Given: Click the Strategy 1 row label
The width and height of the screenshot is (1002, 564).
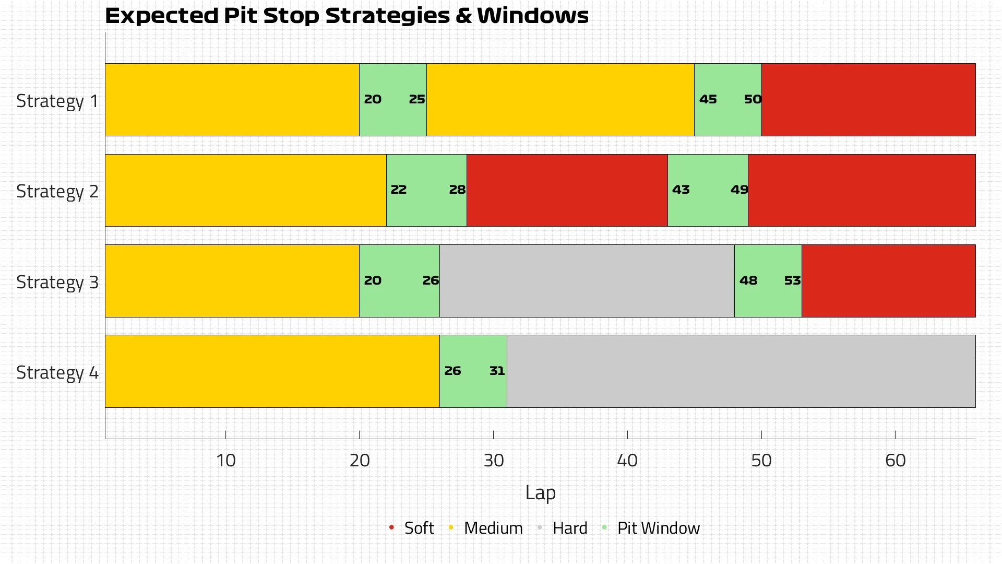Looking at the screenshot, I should click(x=57, y=101).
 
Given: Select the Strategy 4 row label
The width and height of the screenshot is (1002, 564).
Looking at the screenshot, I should click(x=57, y=372).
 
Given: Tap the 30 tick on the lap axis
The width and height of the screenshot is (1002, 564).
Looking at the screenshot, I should click(x=493, y=460).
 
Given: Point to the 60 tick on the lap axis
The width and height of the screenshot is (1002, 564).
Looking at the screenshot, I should click(x=895, y=460).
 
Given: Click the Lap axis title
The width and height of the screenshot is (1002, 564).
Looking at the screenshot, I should click(x=540, y=492).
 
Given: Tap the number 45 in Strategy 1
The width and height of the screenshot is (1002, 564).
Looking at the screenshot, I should click(x=708, y=99).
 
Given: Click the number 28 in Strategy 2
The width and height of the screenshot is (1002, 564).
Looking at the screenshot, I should click(x=457, y=190).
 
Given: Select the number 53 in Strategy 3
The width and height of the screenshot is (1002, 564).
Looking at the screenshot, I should click(x=792, y=280).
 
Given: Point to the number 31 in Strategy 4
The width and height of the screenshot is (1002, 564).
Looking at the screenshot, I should click(x=497, y=371).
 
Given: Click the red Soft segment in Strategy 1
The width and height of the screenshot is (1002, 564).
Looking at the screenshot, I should click(x=868, y=100).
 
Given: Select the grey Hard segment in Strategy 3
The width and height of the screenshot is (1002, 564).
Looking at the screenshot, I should click(x=587, y=281).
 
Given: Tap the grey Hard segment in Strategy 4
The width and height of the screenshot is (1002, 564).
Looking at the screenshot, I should click(x=741, y=371).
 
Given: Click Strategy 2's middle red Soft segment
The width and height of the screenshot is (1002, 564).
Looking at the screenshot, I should click(x=567, y=190).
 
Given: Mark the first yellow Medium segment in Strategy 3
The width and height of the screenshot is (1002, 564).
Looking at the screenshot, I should click(x=232, y=281).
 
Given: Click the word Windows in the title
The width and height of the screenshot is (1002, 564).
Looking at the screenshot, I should click(x=533, y=16).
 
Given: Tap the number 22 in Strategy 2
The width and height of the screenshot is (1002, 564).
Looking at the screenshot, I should click(x=398, y=190).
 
